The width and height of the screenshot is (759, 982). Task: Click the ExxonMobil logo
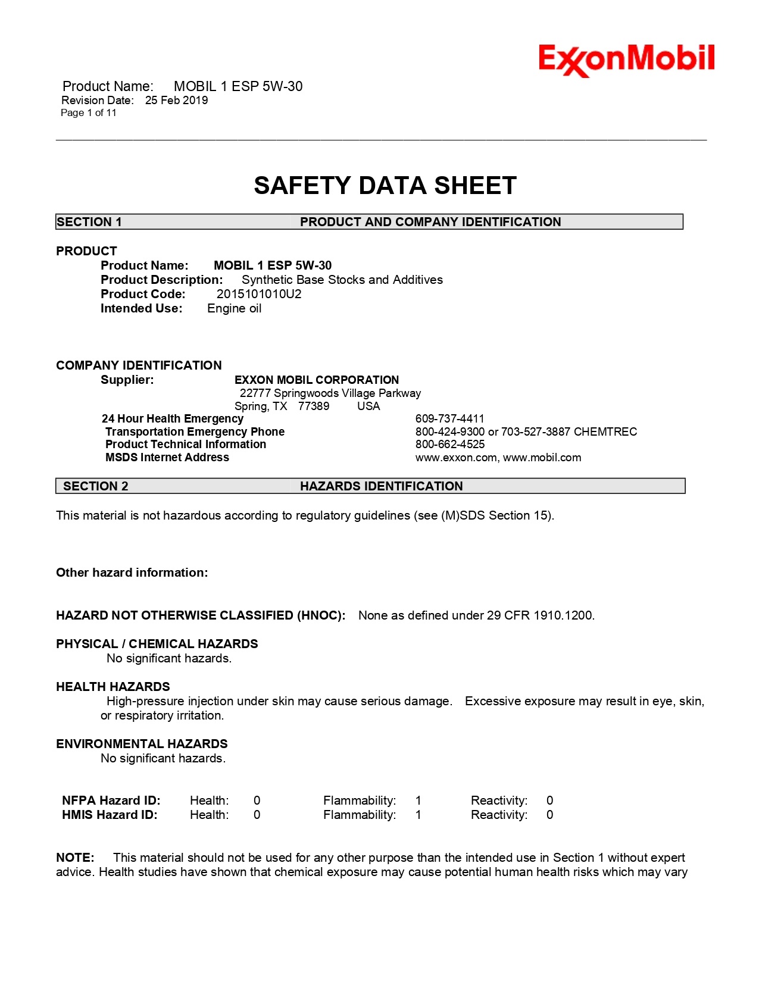(x=626, y=60)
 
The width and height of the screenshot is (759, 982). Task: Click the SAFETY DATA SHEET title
(x=385, y=186)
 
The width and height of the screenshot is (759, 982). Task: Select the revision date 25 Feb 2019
(x=177, y=101)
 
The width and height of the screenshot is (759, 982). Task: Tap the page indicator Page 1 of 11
(x=89, y=113)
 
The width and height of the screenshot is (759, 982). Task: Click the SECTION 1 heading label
(x=89, y=222)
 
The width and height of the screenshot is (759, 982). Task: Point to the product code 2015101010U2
(x=259, y=294)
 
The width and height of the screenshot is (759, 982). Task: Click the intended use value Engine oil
(x=234, y=308)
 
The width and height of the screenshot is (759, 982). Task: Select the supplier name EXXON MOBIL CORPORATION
(x=317, y=380)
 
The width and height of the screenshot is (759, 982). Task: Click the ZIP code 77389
(x=314, y=406)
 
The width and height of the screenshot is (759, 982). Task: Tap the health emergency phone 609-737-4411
(x=450, y=419)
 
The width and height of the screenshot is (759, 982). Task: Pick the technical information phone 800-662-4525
(x=450, y=445)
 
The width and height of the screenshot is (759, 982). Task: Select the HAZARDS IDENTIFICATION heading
(x=381, y=486)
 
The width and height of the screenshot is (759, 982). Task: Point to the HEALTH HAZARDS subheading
(x=113, y=687)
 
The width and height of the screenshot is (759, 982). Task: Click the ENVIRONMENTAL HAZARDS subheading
(x=142, y=744)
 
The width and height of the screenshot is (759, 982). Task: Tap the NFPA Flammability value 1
(x=418, y=800)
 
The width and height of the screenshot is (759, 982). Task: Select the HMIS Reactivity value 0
(x=549, y=815)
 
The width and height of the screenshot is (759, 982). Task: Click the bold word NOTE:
(x=75, y=858)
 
